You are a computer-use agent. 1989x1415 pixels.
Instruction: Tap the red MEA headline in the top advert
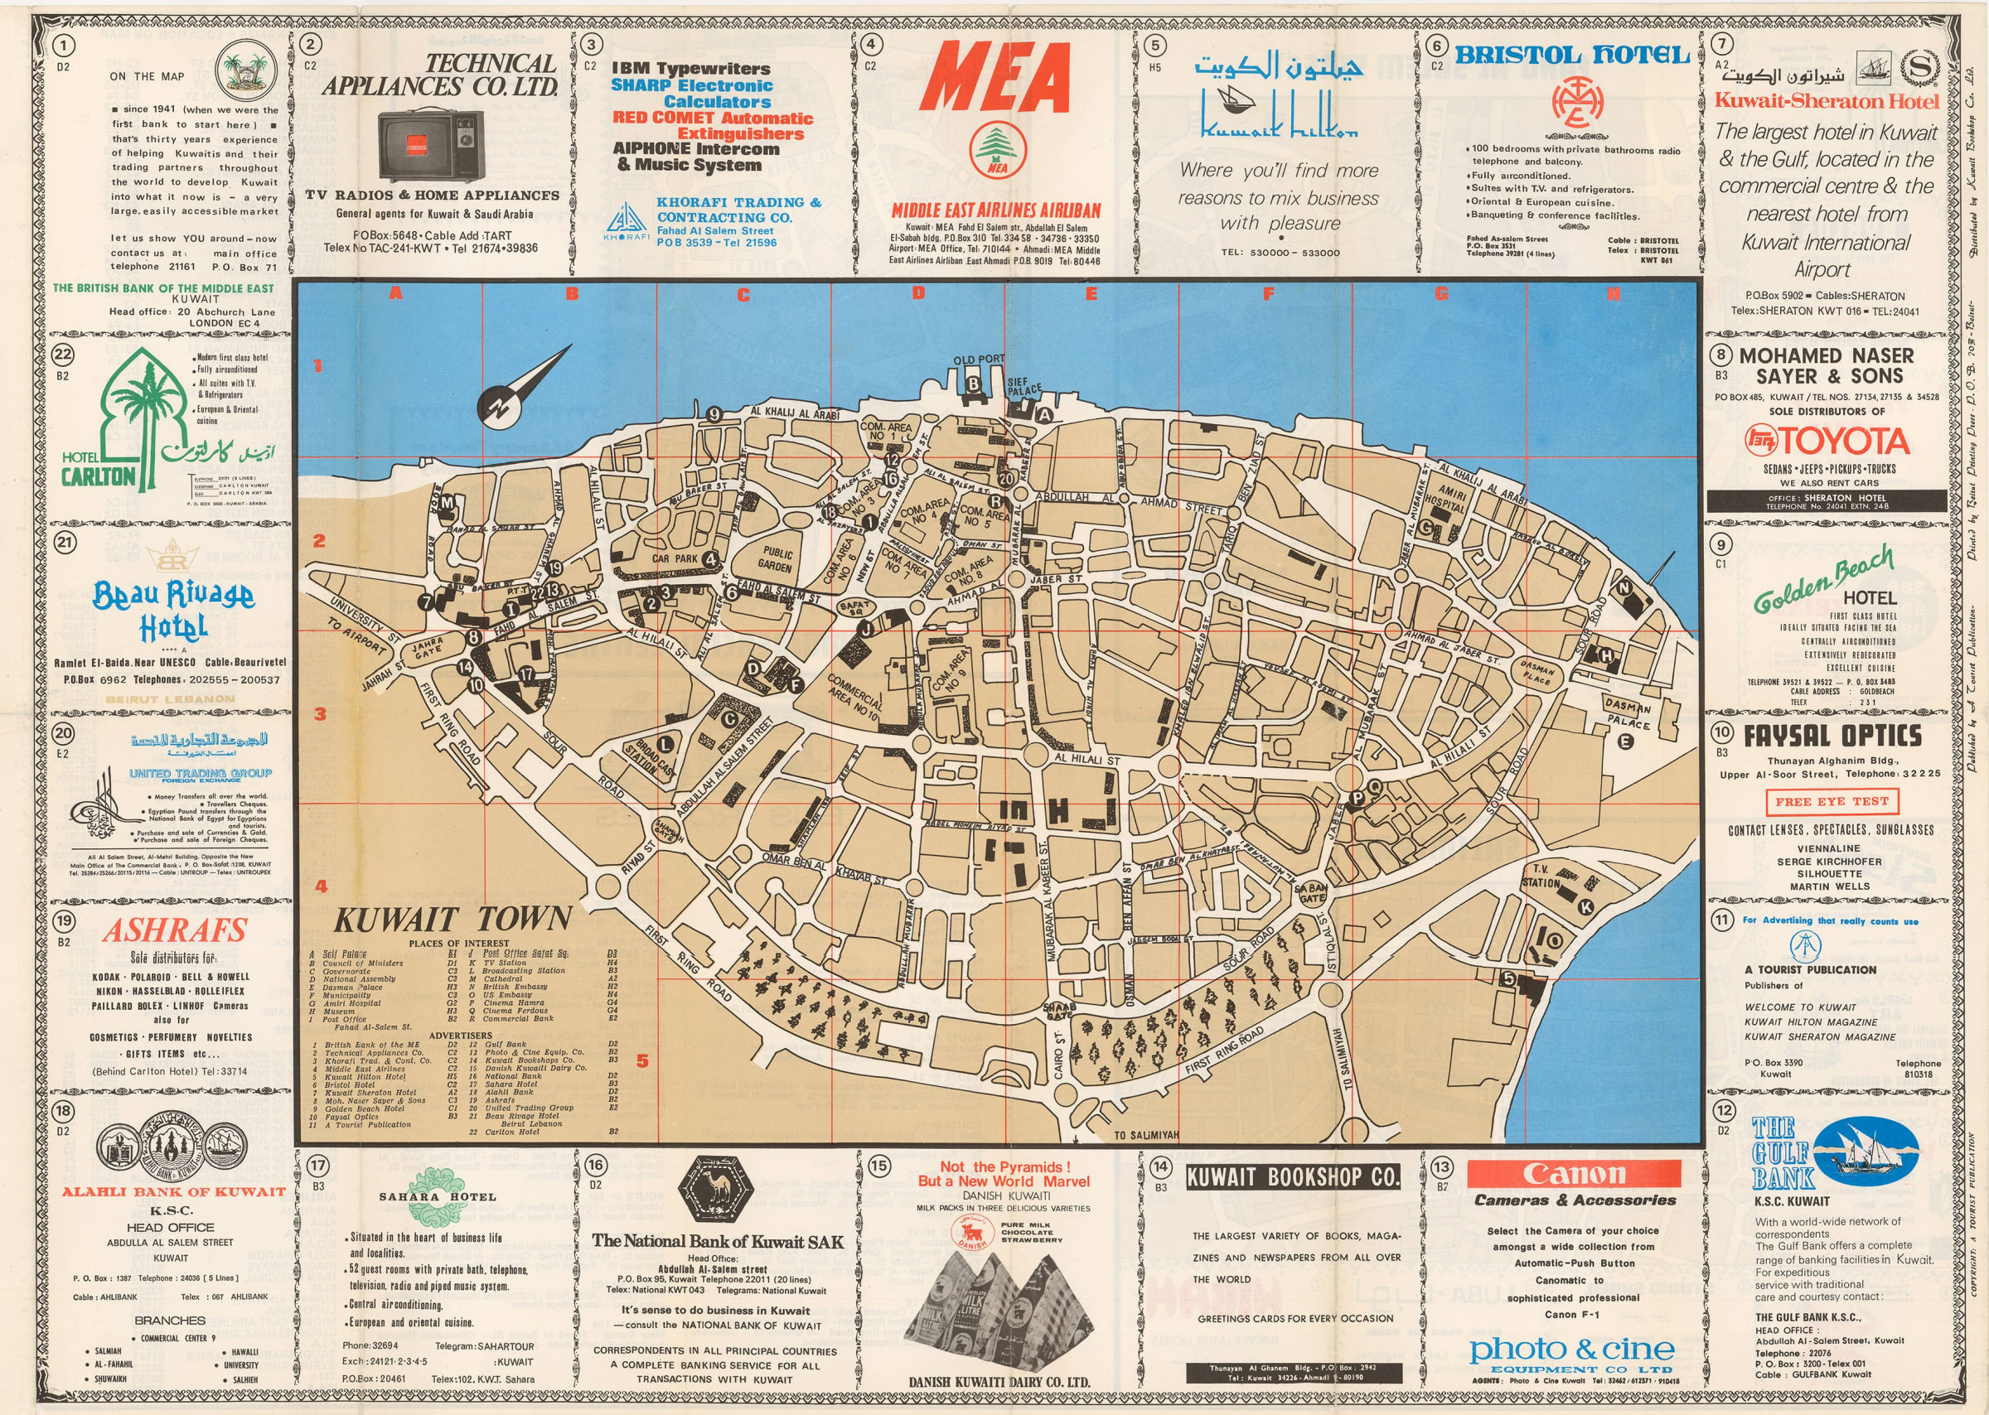994,78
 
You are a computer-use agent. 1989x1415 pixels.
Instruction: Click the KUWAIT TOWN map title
452,920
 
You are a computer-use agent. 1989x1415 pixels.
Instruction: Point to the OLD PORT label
978,359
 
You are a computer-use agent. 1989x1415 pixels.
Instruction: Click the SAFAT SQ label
854,606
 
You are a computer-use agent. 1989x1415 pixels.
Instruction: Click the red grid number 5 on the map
642,1060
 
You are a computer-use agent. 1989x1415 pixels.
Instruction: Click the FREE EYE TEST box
1832,801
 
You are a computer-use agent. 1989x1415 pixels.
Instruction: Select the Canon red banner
1573,1174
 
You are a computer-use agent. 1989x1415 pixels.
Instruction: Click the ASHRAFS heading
175,930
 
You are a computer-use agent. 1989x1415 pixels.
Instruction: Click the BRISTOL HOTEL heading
1572,56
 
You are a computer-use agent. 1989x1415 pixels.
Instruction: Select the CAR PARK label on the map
675,558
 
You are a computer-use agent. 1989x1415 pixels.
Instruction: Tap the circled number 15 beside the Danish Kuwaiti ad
878,1166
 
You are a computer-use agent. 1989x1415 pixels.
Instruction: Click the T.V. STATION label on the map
1540,876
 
